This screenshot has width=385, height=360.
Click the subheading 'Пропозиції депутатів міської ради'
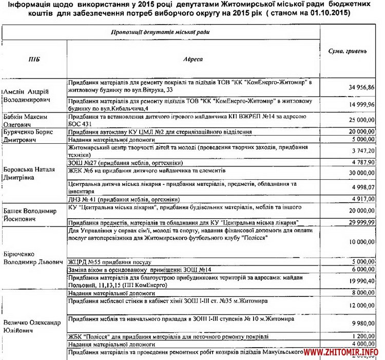click(x=160, y=32)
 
